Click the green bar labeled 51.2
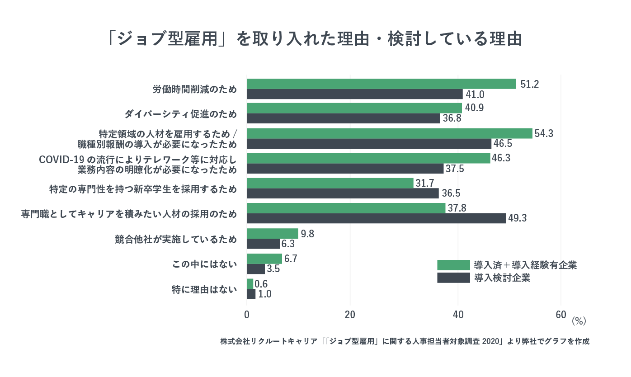click(x=381, y=84)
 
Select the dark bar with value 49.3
click(x=376, y=218)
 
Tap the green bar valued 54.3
click(x=389, y=133)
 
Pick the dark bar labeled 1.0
click(x=251, y=294)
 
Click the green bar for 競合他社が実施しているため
click(x=272, y=234)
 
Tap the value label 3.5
click(x=273, y=269)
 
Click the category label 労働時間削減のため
click(x=195, y=89)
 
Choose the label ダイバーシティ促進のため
click(x=180, y=114)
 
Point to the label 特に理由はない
click(x=204, y=289)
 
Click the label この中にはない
click(x=205, y=264)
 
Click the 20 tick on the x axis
click(x=350, y=315)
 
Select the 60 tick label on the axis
click(x=560, y=315)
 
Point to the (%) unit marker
click(x=578, y=321)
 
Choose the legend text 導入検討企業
click(x=502, y=278)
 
